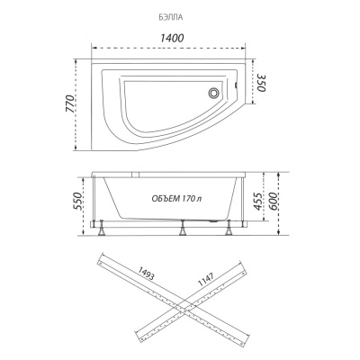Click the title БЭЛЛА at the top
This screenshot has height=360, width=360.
pyautogui.click(x=171, y=17)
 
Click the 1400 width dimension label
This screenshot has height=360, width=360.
pyautogui.click(x=172, y=38)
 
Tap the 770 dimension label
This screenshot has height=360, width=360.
pyautogui.click(x=70, y=103)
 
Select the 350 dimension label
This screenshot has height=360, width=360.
pyautogui.click(x=260, y=82)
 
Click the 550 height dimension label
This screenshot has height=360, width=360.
pyautogui.click(x=77, y=201)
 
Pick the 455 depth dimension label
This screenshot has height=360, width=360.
pyautogui.click(x=257, y=201)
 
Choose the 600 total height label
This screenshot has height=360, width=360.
pyautogui.click(x=274, y=201)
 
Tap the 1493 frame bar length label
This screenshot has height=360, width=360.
pyautogui.click(x=146, y=273)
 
